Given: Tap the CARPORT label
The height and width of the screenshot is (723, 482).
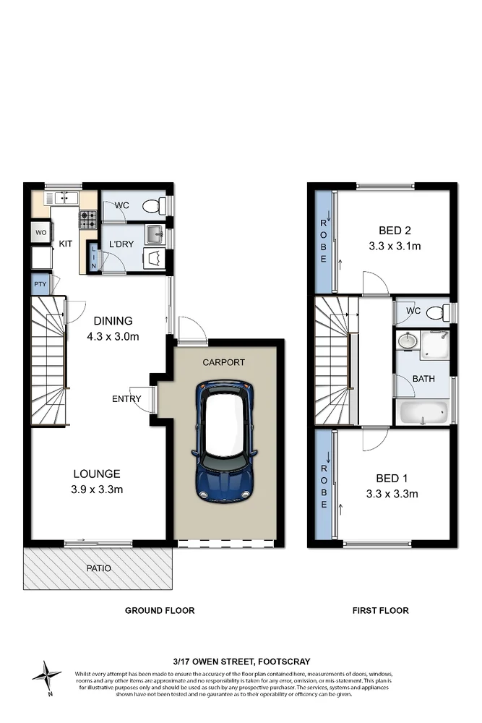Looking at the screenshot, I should [x=225, y=362].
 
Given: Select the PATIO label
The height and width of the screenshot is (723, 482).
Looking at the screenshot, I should [x=98, y=568].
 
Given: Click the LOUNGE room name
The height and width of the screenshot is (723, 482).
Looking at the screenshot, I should [x=96, y=474].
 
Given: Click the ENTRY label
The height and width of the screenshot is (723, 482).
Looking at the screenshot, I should [x=126, y=399].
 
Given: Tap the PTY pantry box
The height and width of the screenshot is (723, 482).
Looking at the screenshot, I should [x=39, y=284].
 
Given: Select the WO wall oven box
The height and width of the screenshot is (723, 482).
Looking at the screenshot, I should [x=39, y=233].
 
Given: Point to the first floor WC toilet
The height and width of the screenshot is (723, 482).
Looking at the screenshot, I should [x=434, y=313].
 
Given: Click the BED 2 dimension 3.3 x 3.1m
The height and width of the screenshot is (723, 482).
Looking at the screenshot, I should [x=395, y=246].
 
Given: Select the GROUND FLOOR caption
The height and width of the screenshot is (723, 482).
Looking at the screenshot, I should [x=160, y=611].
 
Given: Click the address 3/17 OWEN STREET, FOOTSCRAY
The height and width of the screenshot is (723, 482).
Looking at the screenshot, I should [x=241, y=662].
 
